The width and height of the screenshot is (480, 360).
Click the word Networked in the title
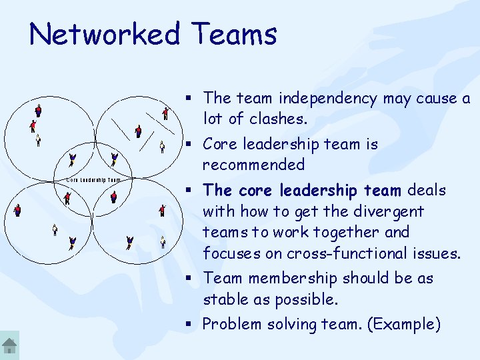105,34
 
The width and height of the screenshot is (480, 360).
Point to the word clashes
277,119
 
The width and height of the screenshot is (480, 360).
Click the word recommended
253,165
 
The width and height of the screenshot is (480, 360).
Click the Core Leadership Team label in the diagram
94,180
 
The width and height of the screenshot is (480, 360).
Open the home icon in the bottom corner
9,345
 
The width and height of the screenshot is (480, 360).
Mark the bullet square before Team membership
190,279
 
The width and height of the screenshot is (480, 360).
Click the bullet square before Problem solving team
190,325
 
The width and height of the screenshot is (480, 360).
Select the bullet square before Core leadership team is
190,145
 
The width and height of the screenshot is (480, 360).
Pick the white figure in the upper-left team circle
38,140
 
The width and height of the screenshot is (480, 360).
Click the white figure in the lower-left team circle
55,230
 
